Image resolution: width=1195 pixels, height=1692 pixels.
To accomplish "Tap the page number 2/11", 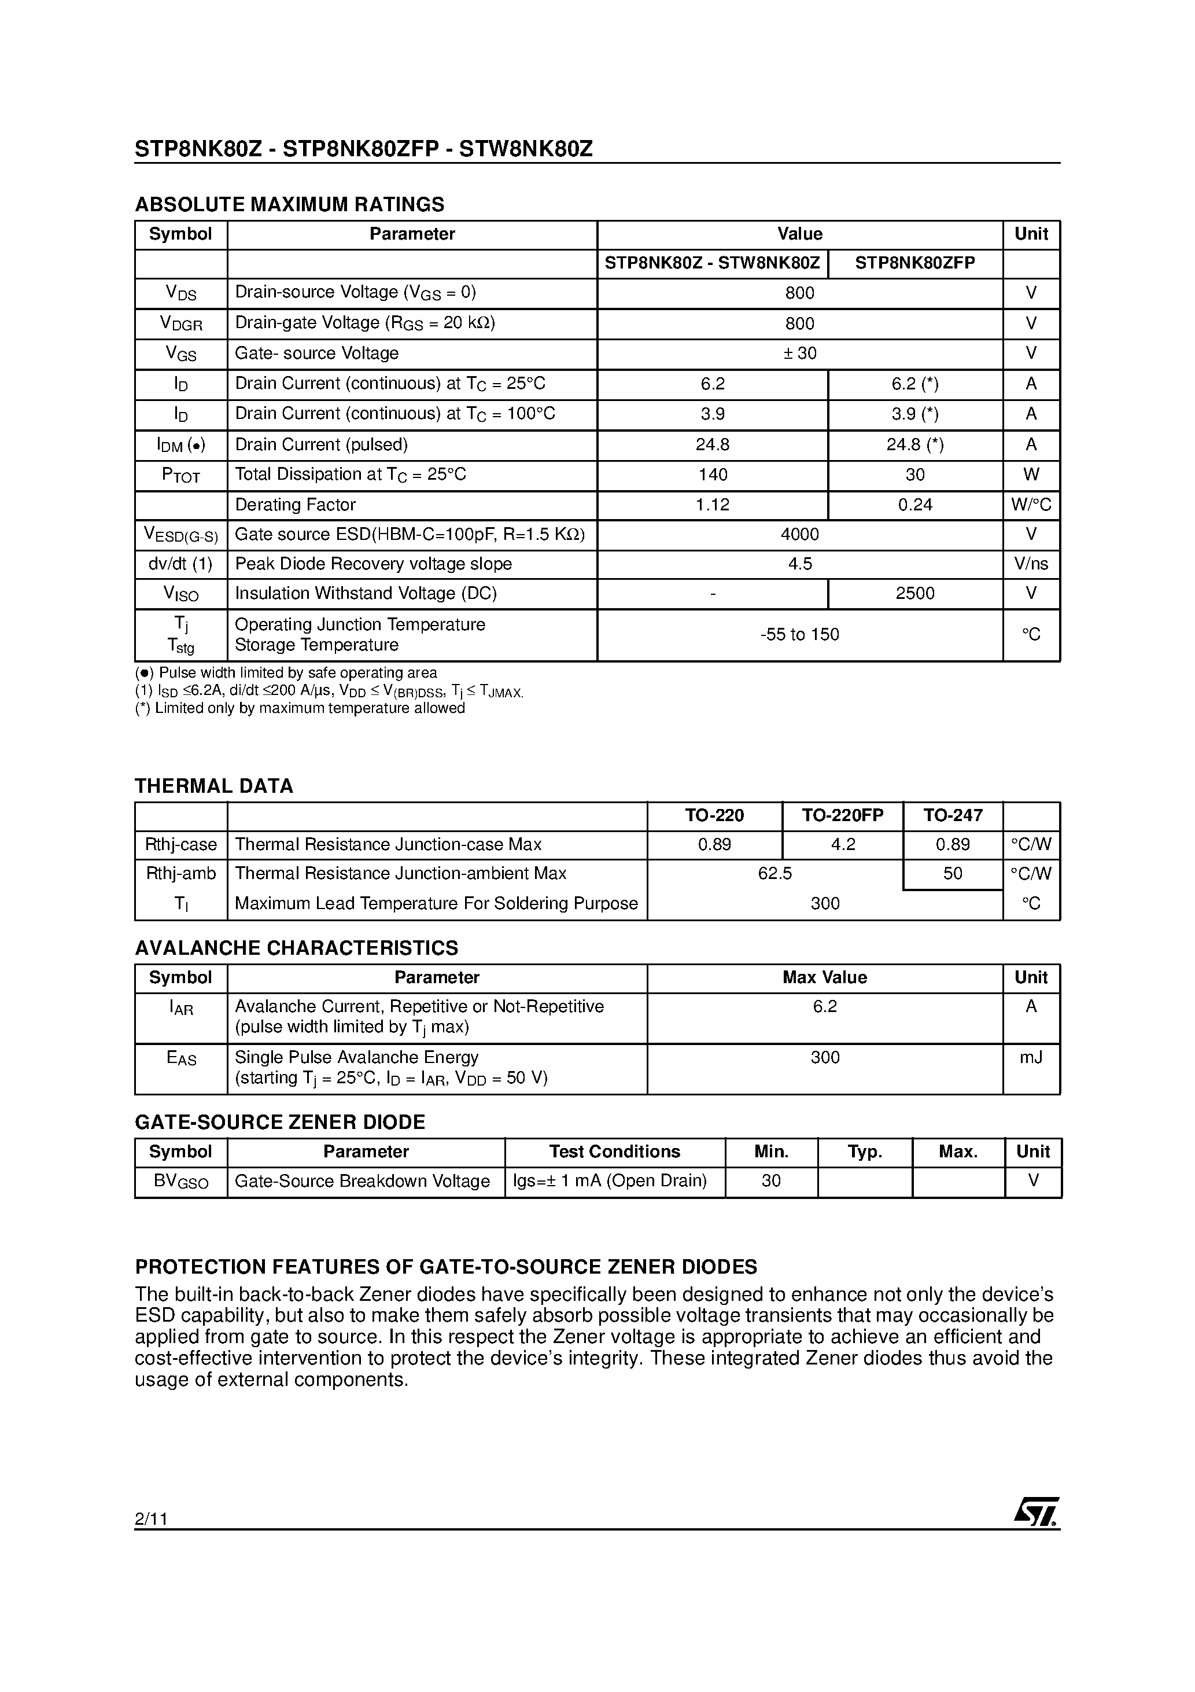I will pos(151,1519).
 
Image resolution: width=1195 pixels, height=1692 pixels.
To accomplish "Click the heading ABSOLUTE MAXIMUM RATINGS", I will pos(290,204).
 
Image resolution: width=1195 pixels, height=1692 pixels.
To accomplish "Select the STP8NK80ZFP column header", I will pos(914,263).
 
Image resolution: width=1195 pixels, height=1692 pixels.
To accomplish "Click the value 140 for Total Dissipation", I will pos(713,475).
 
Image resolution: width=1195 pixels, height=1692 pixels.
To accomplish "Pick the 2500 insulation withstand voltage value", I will pos(914,593).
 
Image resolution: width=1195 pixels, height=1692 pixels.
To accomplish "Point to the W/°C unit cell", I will pos(1031,505).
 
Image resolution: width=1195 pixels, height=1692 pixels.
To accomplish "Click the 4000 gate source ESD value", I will pos(799,534).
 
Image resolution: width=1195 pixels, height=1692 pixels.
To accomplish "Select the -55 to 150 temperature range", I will pos(799,634).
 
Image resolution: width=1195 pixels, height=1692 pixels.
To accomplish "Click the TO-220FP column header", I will pos(842,815).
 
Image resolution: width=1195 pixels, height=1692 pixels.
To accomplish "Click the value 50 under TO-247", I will pos(952,873).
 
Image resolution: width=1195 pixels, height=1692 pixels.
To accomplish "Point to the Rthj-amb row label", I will pos(180,873).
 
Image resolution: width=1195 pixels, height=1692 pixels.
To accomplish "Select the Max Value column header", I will pos(824,977).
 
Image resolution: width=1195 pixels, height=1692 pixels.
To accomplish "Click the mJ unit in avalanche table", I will pos(1031,1058).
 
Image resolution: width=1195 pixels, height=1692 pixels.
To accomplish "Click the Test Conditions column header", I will pos(614,1152).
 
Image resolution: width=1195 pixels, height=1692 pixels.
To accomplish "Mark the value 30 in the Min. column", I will pos(770,1180).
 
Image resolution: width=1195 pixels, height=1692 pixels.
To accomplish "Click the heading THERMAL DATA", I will pos(213,786).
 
